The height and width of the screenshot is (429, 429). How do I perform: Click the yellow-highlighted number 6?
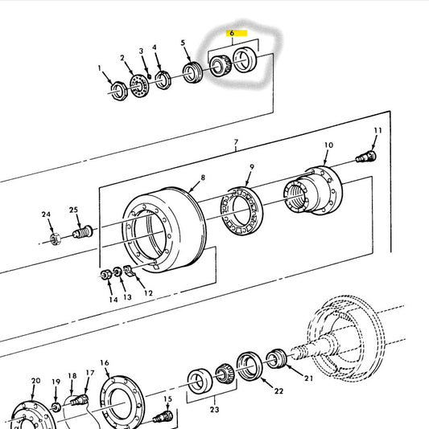(x=232, y=33)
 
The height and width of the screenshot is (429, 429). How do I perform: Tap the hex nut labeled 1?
(x=119, y=91)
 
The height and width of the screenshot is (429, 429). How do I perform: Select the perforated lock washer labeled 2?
(x=139, y=85)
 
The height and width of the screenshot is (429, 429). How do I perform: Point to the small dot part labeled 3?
(x=149, y=76)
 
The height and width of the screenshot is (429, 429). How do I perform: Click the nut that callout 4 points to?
(x=163, y=80)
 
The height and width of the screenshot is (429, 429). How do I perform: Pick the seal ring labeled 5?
(x=192, y=72)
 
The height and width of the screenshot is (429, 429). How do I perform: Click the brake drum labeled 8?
(x=164, y=230)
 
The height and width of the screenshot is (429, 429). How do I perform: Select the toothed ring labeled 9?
(x=241, y=211)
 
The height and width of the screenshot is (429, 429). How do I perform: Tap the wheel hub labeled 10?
(x=313, y=190)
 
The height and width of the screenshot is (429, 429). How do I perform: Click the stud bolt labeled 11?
(x=366, y=157)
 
